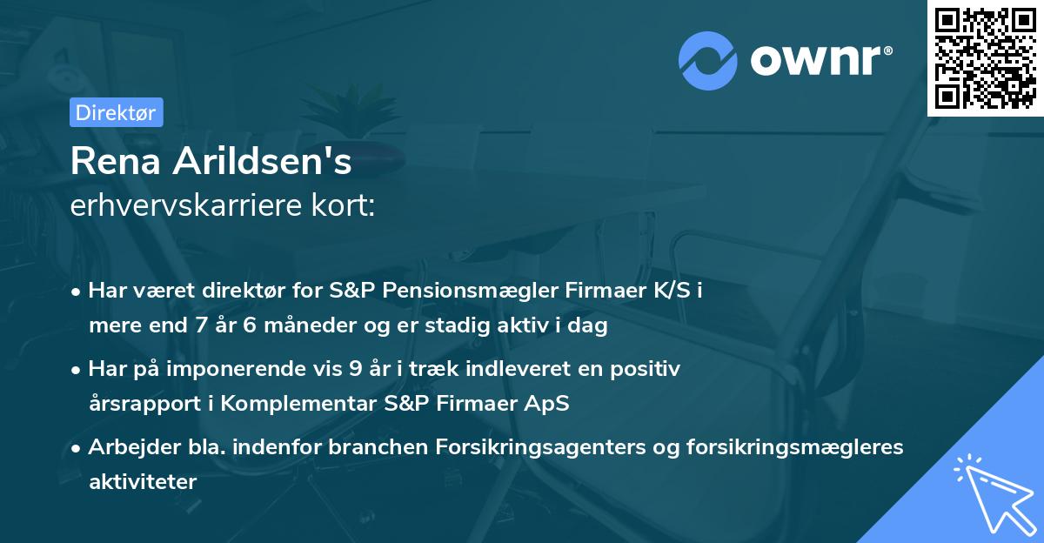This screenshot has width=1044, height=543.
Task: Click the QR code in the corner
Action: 986,57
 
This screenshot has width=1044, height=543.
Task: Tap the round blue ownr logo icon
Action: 708,61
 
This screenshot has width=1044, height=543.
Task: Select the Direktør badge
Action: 116,111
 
